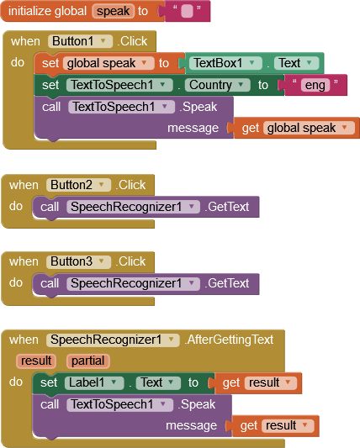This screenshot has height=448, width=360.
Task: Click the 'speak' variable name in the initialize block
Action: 113,11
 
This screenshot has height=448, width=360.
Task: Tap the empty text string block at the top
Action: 187,11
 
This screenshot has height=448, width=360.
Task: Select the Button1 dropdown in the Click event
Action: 80,41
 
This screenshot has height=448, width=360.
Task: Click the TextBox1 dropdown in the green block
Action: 225,63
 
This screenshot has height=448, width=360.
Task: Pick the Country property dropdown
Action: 217,85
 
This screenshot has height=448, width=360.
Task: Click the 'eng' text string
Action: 315,85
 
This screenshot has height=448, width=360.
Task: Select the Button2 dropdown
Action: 78,185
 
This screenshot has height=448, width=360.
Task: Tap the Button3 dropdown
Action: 78,261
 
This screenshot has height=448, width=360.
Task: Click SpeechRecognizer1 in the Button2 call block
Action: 133,207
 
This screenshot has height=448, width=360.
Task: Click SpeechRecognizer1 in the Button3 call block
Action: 133,283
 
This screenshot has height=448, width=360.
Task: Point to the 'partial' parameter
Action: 87,361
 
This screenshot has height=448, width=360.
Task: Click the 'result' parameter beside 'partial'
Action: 36,361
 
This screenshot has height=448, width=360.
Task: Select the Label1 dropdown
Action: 94,382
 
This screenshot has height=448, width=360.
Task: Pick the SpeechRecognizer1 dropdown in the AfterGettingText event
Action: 113,340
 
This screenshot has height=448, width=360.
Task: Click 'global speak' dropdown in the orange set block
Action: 109,63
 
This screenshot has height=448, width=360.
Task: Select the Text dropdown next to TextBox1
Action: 296,63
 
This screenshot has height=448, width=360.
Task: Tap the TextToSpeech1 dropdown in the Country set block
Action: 119,85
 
